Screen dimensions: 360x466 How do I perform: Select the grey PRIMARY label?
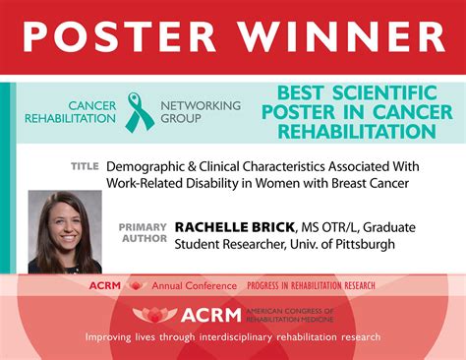coord(144,227)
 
